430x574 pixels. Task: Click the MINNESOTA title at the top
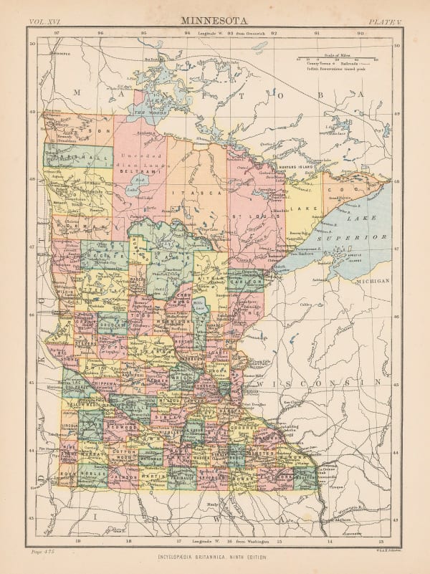point(214,22)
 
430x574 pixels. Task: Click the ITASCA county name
point(205,193)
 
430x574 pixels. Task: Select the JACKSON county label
point(124,475)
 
